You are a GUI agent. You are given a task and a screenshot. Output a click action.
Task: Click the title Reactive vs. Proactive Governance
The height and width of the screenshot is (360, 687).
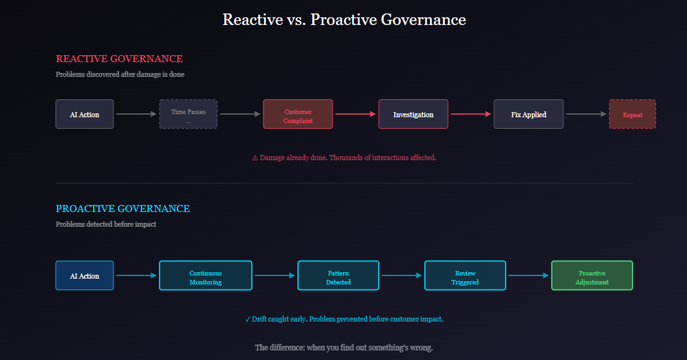pyautogui.click(x=343, y=20)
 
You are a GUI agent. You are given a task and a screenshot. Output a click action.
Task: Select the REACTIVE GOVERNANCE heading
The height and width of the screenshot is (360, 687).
pyautogui.click(x=119, y=59)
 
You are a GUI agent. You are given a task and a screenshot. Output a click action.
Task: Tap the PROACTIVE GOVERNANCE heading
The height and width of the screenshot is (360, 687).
pyautogui.click(x=122, y=209)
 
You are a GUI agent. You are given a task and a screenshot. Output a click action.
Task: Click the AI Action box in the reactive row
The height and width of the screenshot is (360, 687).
pyautogui.click(x=85, y=114)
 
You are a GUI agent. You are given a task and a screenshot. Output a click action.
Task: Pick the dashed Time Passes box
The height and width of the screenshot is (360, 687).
pyautogui.click(x=188, y=114)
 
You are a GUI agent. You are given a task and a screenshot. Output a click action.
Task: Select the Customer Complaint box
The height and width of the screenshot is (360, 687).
pyautogui.click(x=297, y=114)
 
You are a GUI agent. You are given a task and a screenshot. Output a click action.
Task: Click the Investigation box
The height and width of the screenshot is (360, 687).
pyautogui.click(x=413, y=114)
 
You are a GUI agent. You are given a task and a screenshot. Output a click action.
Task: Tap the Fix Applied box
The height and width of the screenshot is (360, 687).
pyautogui.click(x=528, y=114)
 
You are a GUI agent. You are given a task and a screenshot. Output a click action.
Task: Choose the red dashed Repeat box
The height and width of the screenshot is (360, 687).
pyautogui.click(x=632, y=114)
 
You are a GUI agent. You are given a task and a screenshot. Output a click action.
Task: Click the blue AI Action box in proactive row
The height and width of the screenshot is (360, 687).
pyautogui.click(x=85, y=275)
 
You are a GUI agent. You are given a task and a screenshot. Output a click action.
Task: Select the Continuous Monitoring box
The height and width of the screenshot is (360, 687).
pyautogui.click(x=205, y=275)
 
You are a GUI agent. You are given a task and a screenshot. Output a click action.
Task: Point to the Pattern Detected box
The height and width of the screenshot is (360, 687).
pyautogui.click(x=338, y=275)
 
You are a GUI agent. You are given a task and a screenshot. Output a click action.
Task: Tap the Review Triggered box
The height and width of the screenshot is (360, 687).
pyautogui.click(x=465, y=275)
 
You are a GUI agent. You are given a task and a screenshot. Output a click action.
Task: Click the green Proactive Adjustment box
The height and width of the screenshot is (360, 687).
pyautogui.click(x=592, y=275)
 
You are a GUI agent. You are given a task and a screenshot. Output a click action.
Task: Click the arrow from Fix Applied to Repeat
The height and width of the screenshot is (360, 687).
pyautogui.click(x=586, y=114)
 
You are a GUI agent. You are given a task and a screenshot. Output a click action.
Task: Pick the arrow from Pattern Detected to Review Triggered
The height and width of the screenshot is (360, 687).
pyautogui.click(x=401, y=275)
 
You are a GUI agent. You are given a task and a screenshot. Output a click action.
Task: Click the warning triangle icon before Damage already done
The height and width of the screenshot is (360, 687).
pyautogui.click(x=255, y=158)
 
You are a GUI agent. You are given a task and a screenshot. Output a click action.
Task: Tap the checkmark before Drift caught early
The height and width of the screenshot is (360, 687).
pyautogui.click(x=247, y=319)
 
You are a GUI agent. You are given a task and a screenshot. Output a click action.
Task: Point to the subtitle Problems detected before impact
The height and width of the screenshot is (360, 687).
pyautogui.click(x=106, y=224)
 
